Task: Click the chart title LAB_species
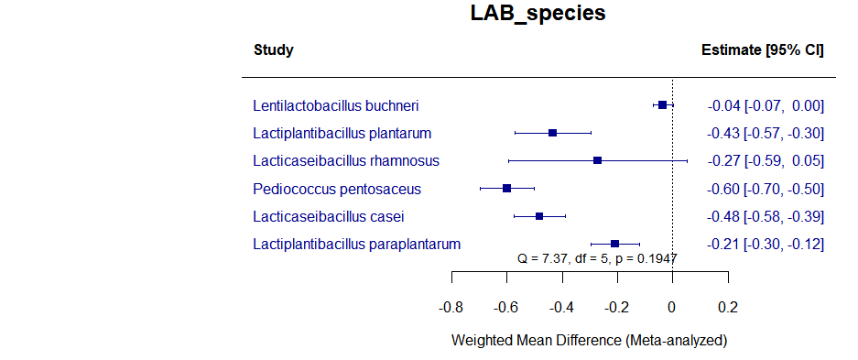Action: (538, 14)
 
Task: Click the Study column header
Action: (273, 49)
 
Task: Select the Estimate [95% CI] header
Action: (762, 49)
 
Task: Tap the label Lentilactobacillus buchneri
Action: (336, 106)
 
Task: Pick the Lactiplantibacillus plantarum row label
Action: (342, 134)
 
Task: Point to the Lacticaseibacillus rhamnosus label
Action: (346, 161)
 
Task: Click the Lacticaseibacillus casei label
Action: (329, 216)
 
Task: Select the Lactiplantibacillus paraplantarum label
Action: (356, 244)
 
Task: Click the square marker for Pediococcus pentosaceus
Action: (506, 189)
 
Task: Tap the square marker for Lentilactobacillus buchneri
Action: (662, 106)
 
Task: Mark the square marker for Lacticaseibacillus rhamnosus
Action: (598, 161)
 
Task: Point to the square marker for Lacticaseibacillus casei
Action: (539, 216)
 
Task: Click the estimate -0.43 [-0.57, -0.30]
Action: (766, 134)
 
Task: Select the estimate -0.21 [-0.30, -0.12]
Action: (766, 244)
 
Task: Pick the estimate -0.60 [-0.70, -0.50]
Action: (766, 189)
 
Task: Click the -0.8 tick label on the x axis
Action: (451, 306)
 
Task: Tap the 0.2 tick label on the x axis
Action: (728, 306)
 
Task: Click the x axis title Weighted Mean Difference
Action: (589, 341)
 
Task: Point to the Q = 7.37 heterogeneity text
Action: (598, 259)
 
